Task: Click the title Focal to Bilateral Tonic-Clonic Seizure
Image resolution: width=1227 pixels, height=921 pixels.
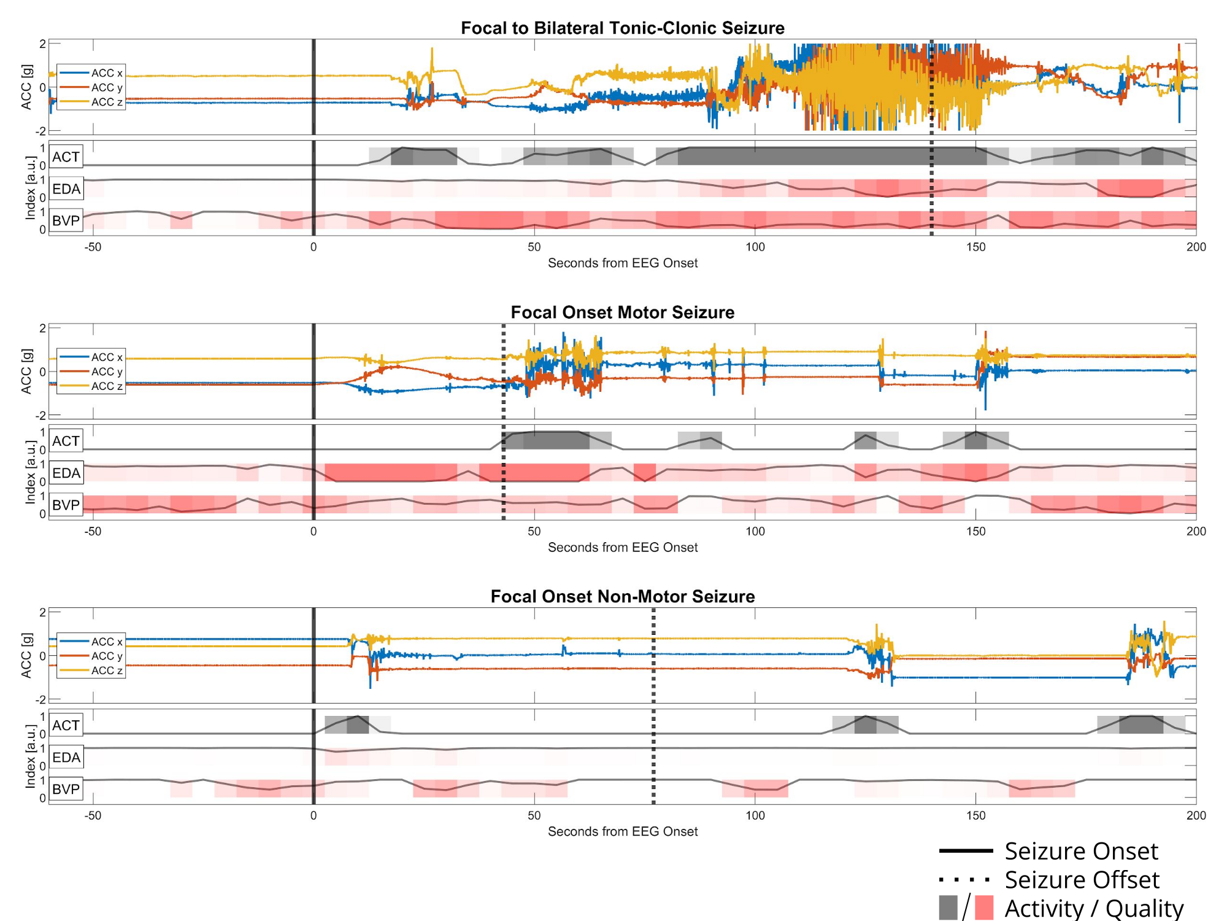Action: pyautogui.click(x=622, y=28)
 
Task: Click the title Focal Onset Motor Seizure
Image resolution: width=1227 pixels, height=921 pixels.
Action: pyautogui.click(x=622, y=313)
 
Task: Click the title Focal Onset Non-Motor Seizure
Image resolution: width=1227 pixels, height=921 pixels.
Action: pyautogui.click(x=622, y=597)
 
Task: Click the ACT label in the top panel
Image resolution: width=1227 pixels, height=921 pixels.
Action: pyautogui.click(x=66, y=157)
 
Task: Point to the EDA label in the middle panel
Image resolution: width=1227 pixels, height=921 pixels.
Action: pyautogui.click(x=66, y=473)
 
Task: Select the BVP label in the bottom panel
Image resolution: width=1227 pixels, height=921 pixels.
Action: pyautogui.click(x=66, y=789)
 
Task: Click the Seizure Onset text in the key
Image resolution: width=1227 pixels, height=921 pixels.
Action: pyautogui.click(x=1081, y=852)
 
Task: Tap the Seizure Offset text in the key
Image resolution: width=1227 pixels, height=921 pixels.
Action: pyautogui.click(x=1082, y=880)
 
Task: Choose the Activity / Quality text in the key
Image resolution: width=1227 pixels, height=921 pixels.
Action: pyautogui.click(x=1094, y=909)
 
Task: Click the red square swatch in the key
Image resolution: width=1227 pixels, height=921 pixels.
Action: pyautogui.click(x=983, y=907)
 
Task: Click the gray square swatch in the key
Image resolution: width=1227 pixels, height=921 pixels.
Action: pyautogui.click(x=948, y=907)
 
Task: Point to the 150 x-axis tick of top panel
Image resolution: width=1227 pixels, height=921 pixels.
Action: pyautogui.click(x=975, y=247)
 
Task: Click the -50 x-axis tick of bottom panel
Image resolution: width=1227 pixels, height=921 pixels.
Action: pyautogui.click(x=93, y=815)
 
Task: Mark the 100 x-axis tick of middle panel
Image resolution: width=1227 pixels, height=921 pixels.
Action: pyautogui.click(x=755, y=531)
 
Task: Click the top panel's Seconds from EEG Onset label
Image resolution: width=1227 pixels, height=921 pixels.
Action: pyautogui.click(x=622, y=263)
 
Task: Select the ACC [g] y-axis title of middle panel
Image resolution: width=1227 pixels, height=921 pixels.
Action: pyautogui.click(x=26, y=371)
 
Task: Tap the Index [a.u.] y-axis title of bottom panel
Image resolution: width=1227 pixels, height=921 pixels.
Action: pyautogui.click(x=30, y=756)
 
